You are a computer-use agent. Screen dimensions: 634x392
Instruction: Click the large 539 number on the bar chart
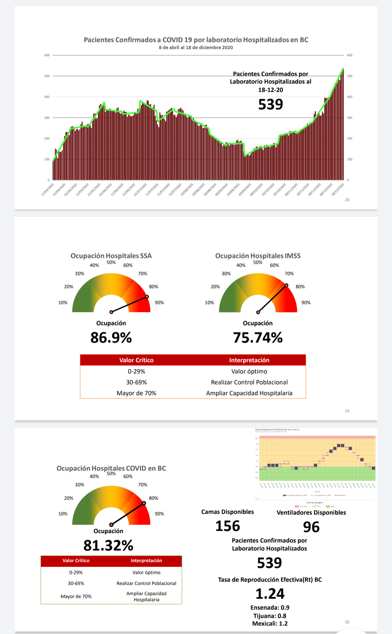pos(270,104)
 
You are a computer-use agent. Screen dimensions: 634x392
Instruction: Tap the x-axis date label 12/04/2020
pos(48,189)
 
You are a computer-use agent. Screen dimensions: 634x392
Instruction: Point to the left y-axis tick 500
pos(47,76)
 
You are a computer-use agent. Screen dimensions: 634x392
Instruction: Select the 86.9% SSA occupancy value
pos(111,338)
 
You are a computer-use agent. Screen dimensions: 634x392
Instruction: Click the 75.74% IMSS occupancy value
pos(258,338)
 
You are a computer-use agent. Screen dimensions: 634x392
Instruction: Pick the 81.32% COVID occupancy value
pos(108,546)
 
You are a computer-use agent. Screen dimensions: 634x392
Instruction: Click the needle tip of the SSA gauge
pos(147,297)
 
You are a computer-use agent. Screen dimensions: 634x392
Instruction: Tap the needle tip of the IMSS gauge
pos(286,285)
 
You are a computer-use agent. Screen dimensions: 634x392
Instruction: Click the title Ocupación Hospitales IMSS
pos(258,256)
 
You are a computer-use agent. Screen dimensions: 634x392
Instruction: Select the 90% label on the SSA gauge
pos(159,302)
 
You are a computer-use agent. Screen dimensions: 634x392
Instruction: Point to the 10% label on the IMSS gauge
pos(209,302)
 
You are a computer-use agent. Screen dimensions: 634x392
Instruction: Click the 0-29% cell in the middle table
pos(136,371)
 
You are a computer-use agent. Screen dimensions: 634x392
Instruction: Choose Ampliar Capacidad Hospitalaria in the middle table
pos(249,393)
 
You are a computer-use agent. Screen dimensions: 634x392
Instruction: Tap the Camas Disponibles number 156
pos(228,526)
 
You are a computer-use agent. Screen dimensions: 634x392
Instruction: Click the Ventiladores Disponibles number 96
pos(311,527)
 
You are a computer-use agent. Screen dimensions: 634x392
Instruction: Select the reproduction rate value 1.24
pos(270,594)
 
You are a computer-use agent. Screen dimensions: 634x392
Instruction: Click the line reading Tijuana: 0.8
pos(270,616)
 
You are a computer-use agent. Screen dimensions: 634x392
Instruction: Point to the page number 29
pos(347,411)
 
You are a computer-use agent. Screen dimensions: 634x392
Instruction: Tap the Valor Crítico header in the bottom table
pos(76,560)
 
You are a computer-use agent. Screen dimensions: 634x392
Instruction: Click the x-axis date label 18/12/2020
pos(338,189)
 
